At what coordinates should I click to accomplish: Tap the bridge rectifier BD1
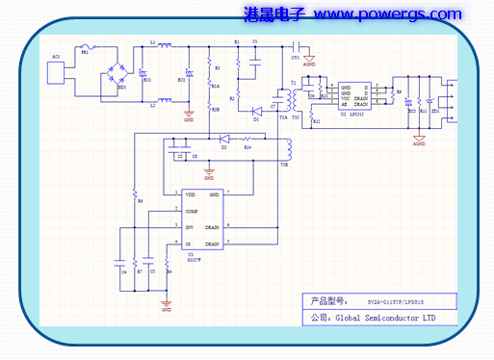click(120, 74)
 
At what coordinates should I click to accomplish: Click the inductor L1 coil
click(164, 44)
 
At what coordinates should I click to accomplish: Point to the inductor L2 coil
click(164, 98)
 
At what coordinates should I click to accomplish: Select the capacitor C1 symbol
click(254, 57)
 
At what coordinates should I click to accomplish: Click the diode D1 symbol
click(257, 111)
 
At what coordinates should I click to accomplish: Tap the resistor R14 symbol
click(247, 140)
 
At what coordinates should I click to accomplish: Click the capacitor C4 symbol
click(118, 261)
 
